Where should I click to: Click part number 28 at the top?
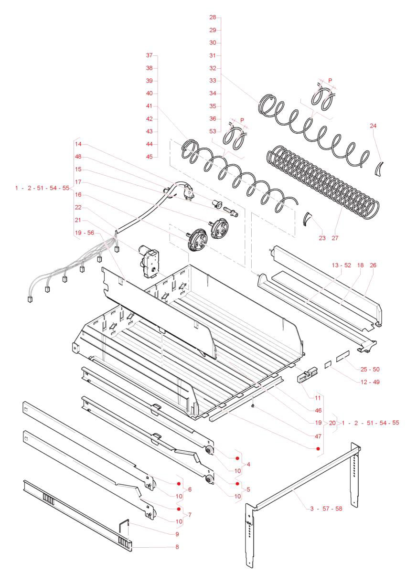click(x=213, y=17)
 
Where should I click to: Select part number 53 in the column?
click(x=213, y=131)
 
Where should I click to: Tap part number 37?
click(x=149, y=55)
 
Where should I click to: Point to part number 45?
click(x=149, y=157)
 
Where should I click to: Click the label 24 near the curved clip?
click(x=373, y=126)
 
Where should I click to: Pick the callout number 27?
click(x=334, y=238)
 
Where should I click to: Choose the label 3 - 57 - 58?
click(x=326, y=509)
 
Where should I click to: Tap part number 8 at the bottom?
click(x=177, y=547)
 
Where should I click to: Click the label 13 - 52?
click(x=342, y=265)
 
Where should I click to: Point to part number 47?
click(x=318, y=436)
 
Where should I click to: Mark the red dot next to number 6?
click(x=179, y=484)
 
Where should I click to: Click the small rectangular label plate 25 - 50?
click(x=343, y=356)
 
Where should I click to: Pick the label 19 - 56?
click(x=85, y=233)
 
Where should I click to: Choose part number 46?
click(x=318, y=410)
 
